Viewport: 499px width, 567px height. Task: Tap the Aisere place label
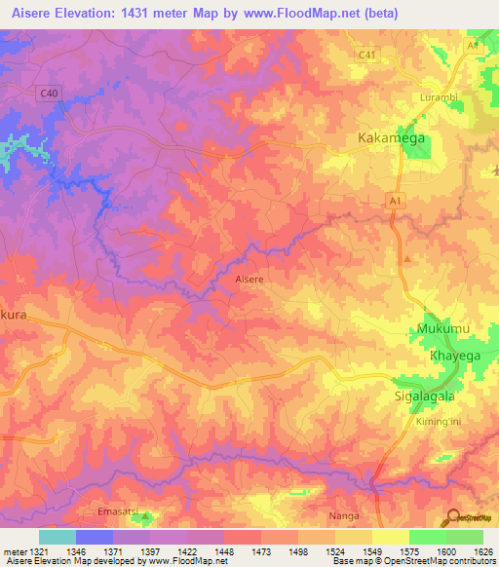249,279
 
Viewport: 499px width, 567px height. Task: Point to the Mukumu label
443,329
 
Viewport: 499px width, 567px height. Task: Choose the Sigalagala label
425,397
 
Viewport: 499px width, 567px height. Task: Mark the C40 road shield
49,93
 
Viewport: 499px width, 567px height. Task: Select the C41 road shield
366,56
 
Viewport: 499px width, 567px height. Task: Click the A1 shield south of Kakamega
395,200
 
